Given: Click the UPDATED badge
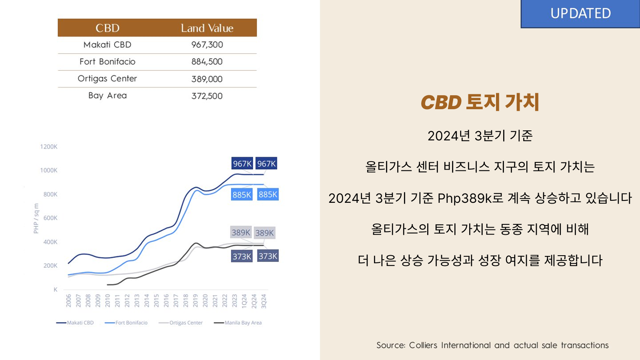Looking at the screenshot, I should point(580,14).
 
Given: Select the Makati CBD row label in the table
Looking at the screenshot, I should point(107,45).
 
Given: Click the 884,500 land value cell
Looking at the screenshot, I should point(207,62).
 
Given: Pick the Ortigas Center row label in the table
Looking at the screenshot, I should point(107,78).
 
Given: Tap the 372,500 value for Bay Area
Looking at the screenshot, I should point(207,96).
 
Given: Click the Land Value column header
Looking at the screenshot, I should point(207,28).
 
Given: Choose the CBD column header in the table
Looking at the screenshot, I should point(107,28).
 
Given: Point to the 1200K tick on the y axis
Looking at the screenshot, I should point(49,147).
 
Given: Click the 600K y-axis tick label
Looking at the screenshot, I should point(50,218).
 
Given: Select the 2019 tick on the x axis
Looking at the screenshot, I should point(195,300).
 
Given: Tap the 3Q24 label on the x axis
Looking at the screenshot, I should point(264,301).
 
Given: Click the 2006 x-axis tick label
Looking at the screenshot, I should point(68,300).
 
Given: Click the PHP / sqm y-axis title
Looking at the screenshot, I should point(36,218).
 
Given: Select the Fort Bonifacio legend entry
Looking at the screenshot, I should point(131,323).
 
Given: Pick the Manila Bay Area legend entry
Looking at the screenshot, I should point(243,323).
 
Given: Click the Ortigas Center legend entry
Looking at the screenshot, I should point(186,323).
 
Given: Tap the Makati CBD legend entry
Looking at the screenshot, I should point(80,323).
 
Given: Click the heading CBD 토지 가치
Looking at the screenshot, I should point(480,102).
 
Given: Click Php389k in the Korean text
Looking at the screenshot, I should point(464,198).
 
